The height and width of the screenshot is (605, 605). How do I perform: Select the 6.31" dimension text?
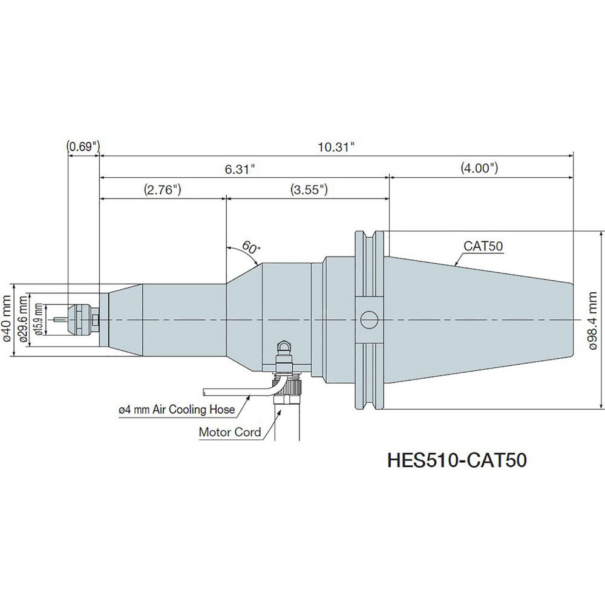click(x=242, y=169)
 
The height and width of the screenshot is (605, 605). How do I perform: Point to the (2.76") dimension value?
click(x=163, y=189)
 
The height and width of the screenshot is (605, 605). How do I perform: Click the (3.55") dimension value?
click(x=309, y=189)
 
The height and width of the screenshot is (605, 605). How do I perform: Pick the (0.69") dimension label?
click(x=83, y=146)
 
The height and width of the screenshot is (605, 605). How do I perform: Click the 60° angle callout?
click(x=250, y=247)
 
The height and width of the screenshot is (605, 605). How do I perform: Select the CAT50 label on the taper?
click(x=484, y=246)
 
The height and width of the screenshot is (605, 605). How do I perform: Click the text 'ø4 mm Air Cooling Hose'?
click(x=176, y=410)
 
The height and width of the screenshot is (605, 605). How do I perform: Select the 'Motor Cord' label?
click(x=230, y=432)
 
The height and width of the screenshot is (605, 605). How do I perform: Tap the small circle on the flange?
click(x=368, y=319)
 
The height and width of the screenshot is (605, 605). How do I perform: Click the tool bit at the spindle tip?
click(x=59, y=319)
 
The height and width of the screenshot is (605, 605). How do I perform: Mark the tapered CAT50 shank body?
click(x=478, y=319)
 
